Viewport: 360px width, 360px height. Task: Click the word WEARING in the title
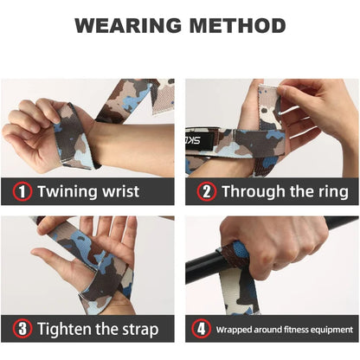pos(125,25)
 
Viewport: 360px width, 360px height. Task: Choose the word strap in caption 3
pos(137,329)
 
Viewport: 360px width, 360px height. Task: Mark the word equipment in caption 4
pos(330,330)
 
